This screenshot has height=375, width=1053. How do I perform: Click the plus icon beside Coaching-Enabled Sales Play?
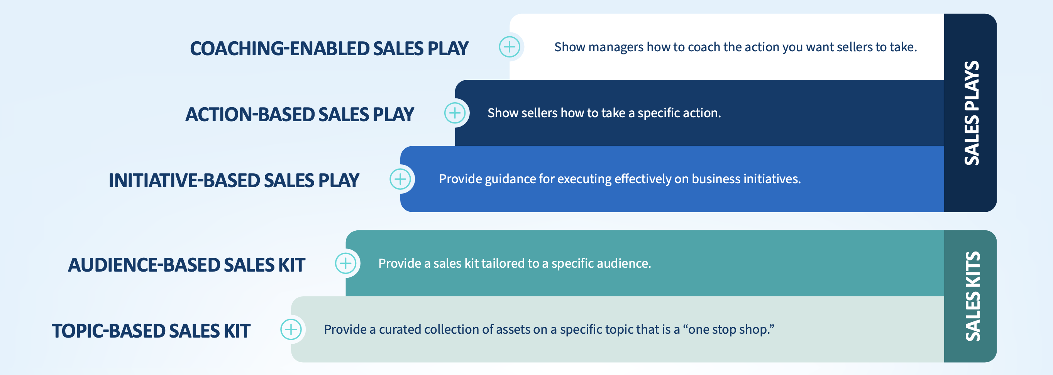tap(510, 47)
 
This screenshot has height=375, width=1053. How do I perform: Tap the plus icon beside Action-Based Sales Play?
tap(455, 113)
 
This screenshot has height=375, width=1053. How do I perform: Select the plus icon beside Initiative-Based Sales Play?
tap(400, 179)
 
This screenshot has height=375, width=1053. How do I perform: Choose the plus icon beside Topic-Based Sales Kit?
tap(291, 329)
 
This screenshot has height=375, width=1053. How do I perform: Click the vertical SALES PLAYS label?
tap(972, 113)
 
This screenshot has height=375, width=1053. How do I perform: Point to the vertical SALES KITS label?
tap(972, 296)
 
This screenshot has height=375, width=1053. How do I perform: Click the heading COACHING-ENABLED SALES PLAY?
tap(329, 48)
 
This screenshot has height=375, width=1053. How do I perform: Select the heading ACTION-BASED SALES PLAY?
tap(300, 114)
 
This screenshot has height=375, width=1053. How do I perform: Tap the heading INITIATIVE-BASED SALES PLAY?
tap(234, 181)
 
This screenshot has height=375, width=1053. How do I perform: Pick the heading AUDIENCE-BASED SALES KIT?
tap(186, 265)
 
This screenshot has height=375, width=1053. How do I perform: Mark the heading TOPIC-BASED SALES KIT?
tap(151, 331)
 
